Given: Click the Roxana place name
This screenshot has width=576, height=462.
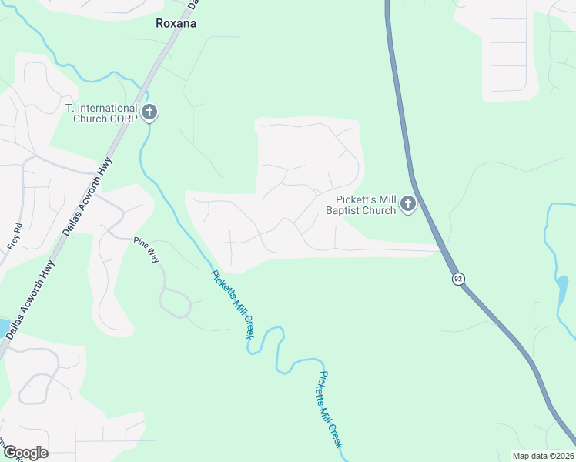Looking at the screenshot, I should click(x=176, y=23).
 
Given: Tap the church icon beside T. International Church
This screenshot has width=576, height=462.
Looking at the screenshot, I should click(x=149, y=113).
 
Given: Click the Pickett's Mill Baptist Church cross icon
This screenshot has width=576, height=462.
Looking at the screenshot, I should click(x=408, y=205).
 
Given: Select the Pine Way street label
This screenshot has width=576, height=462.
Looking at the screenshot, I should click(x=146, y=251).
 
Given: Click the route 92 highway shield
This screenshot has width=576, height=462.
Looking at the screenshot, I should click(x=458, y=279).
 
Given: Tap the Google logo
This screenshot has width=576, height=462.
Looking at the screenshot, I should click(x=25, y=453).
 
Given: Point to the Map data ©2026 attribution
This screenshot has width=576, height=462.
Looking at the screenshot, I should click(x=543, y=456).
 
